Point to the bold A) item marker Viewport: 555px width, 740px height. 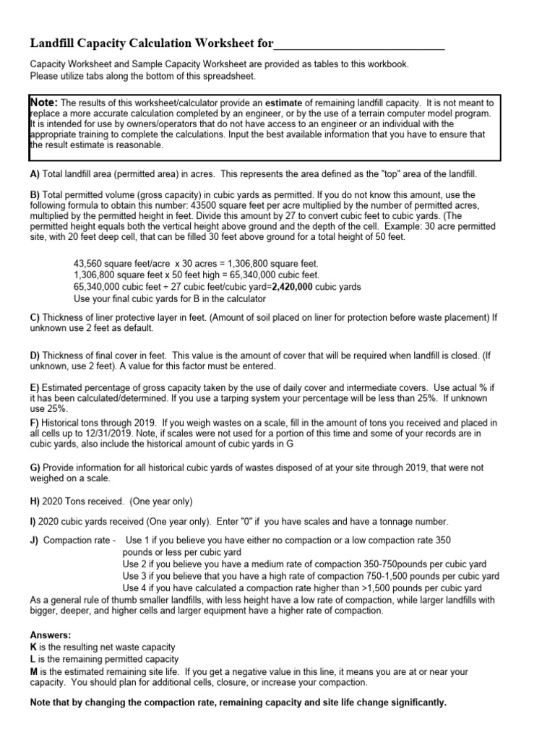tap(35, 175)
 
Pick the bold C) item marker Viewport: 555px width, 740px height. tap(35, 317)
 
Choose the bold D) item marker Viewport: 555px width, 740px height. tap(35, 356)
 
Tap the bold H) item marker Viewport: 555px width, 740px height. tap(35, 502)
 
